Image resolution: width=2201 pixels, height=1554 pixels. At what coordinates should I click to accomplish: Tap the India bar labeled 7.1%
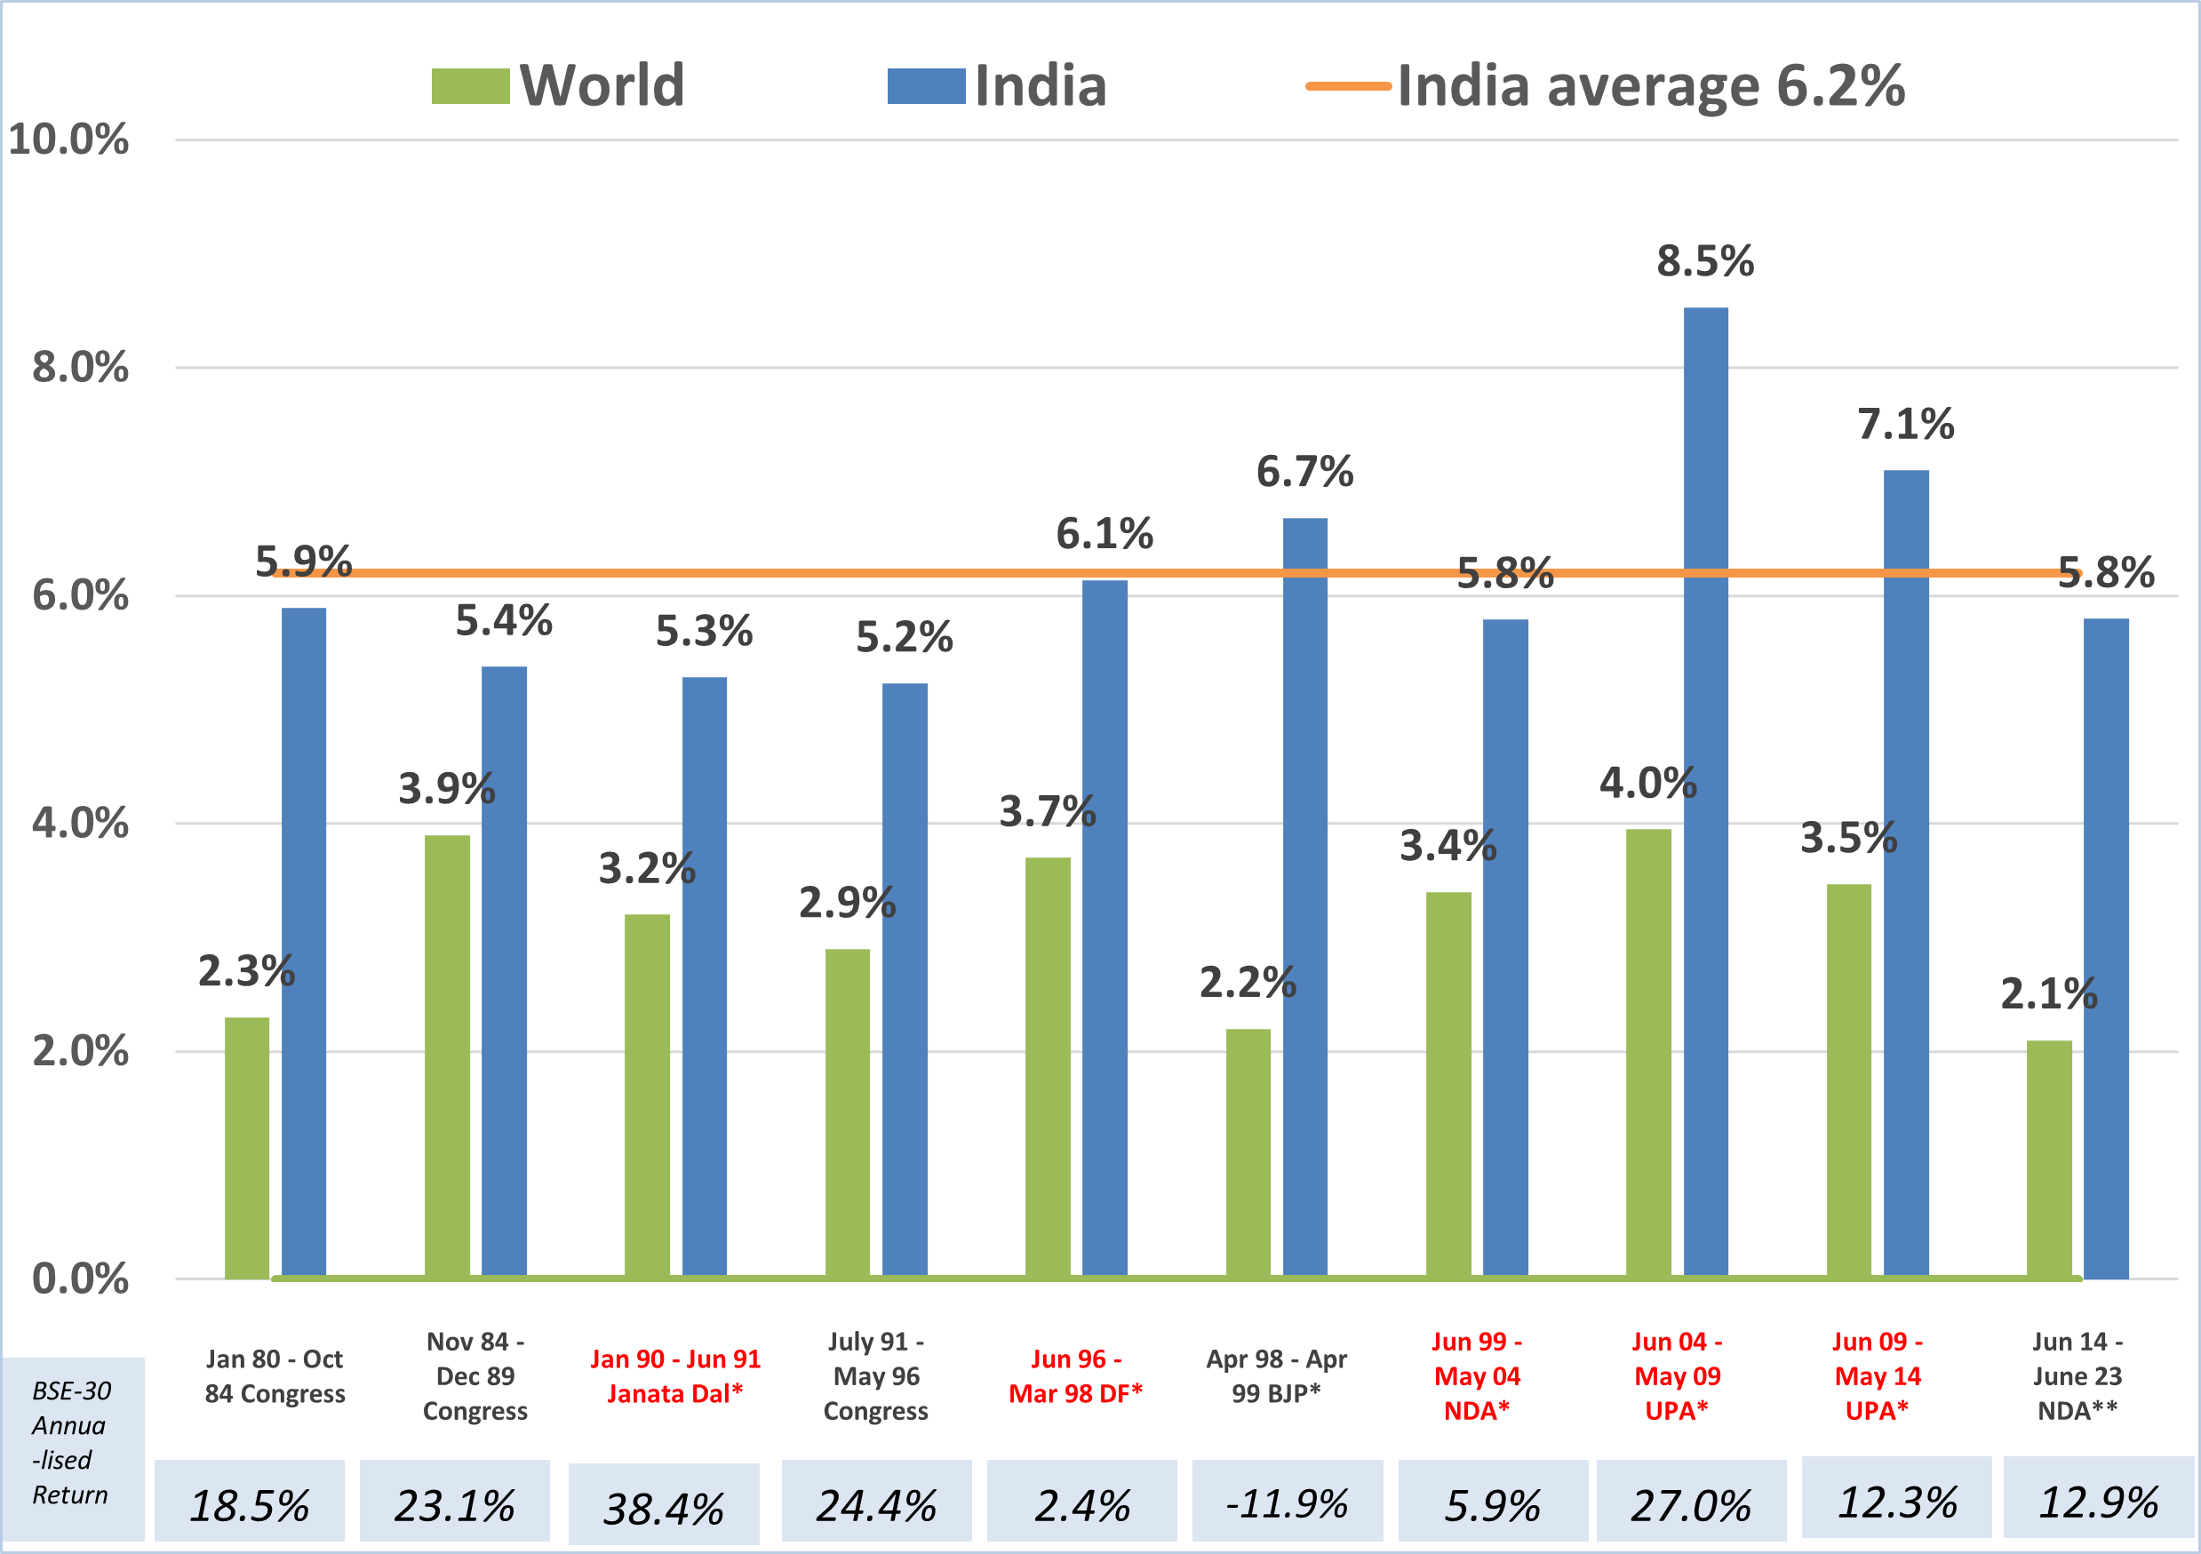point(1906,873)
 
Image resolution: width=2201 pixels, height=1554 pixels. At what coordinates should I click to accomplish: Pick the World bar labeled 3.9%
point(447,1056)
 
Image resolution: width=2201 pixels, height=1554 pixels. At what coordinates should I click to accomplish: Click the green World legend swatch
point(470,86)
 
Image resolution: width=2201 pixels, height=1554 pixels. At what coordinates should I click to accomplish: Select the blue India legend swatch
point(926,86)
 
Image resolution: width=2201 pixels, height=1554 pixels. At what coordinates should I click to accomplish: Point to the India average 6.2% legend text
point(1651,86)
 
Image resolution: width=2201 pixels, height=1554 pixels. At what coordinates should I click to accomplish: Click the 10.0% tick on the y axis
point(68,140)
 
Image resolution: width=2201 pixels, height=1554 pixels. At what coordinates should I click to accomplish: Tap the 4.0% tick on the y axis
point(80,824)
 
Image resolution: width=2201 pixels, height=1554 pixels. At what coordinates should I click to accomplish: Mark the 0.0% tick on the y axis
point(80,1279)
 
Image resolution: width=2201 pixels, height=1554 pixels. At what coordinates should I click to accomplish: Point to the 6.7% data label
point(1304,472)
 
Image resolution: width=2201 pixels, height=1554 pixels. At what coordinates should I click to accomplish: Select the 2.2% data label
point(1248,983)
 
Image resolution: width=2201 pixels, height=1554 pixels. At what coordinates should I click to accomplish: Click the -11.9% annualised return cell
point(1287,1503)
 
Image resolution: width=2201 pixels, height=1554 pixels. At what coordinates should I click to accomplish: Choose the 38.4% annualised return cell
point(664,1508)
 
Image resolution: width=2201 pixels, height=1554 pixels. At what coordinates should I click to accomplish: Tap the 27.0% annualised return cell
point(1691,1505)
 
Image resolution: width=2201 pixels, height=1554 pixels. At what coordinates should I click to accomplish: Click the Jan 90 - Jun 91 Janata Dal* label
point(674,1375)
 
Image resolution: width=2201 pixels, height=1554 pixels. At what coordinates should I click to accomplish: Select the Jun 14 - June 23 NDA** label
point(2077,1375)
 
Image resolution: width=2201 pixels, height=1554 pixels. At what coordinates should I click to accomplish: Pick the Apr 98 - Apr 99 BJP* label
point(1276,1375)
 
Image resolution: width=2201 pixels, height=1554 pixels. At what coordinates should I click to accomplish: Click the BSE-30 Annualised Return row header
point(71,1443)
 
